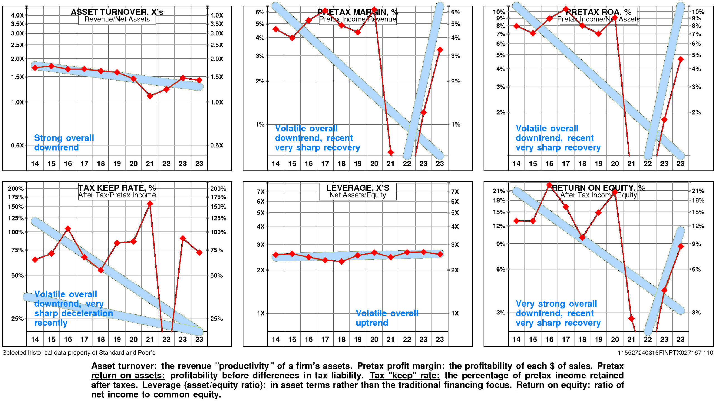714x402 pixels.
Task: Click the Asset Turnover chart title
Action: pos(117,12)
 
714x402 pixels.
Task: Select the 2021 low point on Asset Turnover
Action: pos(150,96)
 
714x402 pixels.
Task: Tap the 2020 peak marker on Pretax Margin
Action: pos(374,10)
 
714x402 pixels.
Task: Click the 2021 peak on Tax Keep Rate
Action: pos(150,204)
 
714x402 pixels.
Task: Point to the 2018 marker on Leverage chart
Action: pos(341,261)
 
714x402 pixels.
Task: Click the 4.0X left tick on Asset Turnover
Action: pos(17,15)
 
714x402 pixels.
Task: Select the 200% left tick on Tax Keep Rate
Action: pos(16,188)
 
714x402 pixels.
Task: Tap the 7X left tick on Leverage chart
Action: pos(260,192)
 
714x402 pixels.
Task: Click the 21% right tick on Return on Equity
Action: pos(698,191)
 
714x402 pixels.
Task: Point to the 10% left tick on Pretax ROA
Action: pos(499,12)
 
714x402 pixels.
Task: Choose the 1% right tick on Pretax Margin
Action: pos(456,124)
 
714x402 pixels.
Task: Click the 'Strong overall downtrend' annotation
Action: pos(64,142)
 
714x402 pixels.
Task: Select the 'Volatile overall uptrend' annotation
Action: pos(387,318)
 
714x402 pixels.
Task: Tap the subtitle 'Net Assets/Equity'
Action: pos(358,195)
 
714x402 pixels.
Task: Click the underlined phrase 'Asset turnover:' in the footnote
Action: pos(124,366)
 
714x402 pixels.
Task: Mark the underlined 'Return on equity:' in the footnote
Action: pos(553,385)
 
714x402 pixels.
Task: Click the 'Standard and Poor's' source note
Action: pos(79,353)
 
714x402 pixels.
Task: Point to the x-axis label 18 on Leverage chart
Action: pos(341,339)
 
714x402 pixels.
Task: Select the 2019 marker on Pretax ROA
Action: pos(598,34)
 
